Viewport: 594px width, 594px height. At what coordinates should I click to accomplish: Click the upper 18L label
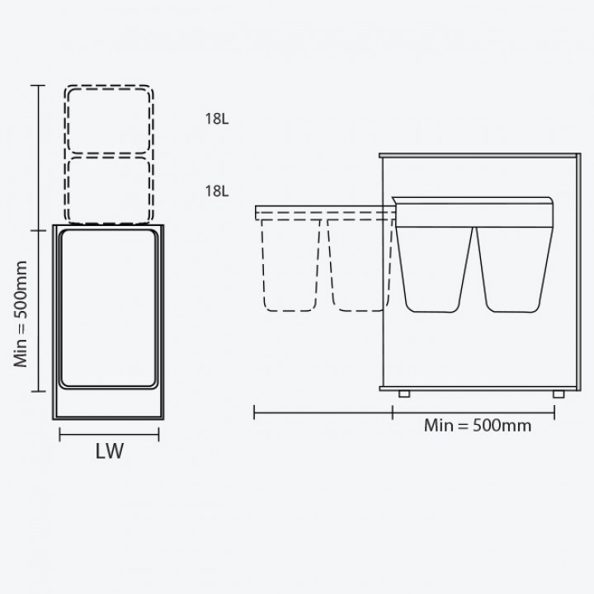[x=217, y=119]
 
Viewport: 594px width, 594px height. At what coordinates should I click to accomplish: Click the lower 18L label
[x=217, y=191]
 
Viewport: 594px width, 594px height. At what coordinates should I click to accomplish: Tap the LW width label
[x=110, y=451]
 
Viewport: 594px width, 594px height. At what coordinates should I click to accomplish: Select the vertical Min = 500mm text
[x=21, y=314]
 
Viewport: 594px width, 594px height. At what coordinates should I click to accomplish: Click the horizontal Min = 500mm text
[x=478, y=426]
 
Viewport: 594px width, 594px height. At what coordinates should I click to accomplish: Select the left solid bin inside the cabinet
[x=435, y=269]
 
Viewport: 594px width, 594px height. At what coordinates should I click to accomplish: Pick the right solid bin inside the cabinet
[x=514, y=269]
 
